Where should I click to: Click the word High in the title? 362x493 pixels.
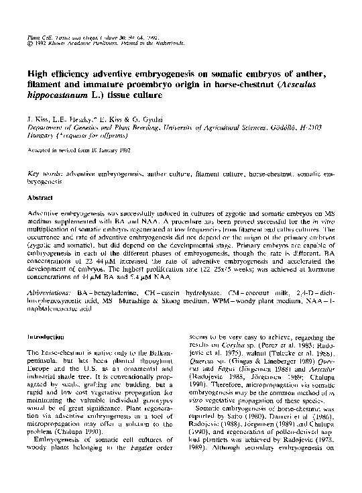coord(37,74)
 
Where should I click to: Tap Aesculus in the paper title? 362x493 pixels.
coord(306,87)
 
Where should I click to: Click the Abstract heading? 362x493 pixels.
coord(38,199)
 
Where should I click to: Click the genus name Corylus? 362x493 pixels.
coord(248,343)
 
